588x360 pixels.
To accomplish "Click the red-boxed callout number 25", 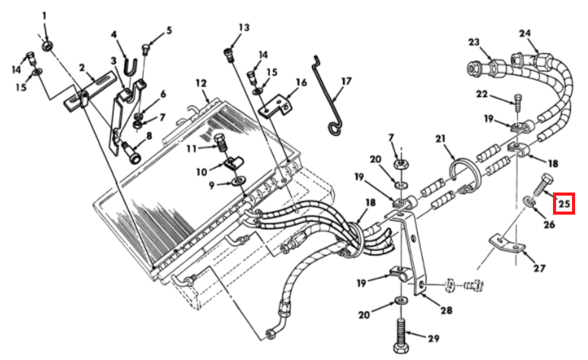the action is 564,204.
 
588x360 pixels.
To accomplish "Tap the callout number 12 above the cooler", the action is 202,83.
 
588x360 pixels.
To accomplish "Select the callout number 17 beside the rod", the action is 346,81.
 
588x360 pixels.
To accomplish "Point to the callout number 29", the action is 433,338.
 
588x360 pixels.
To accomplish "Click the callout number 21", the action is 440,139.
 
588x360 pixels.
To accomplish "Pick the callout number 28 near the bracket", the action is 447,310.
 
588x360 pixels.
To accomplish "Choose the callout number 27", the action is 539,268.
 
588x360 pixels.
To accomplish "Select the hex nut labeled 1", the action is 47,46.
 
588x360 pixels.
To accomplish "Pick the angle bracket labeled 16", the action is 275,107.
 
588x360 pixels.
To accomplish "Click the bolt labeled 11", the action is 221,142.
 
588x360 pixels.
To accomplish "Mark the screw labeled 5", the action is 145,49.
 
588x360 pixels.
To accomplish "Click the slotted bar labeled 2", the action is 89,92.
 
